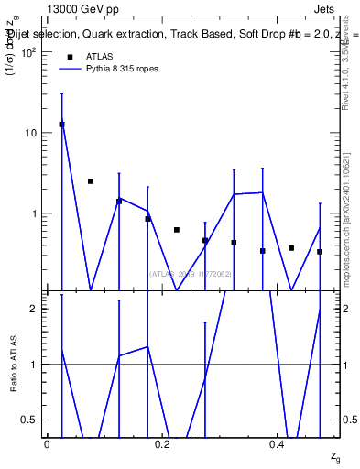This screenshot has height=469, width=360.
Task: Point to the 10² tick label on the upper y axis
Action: tap(29, 52)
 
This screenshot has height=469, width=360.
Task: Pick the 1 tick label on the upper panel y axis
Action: tap(36, 213)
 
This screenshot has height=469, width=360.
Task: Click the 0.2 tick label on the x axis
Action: tap(162, 444)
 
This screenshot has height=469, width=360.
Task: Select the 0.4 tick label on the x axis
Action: tap(278, 444)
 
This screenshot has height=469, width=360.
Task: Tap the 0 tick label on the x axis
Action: tap(47, 444)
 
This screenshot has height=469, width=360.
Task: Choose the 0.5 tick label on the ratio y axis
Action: tap(31, 420)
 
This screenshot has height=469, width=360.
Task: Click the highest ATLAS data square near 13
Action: tap(61, 125)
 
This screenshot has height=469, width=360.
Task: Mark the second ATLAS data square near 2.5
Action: tap(91, 181)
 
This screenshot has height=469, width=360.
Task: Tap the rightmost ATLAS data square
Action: tap(320, 251)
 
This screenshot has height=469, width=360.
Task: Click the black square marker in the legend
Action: tap(70, 57)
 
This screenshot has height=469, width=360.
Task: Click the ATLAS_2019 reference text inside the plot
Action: tap(190, 273)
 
